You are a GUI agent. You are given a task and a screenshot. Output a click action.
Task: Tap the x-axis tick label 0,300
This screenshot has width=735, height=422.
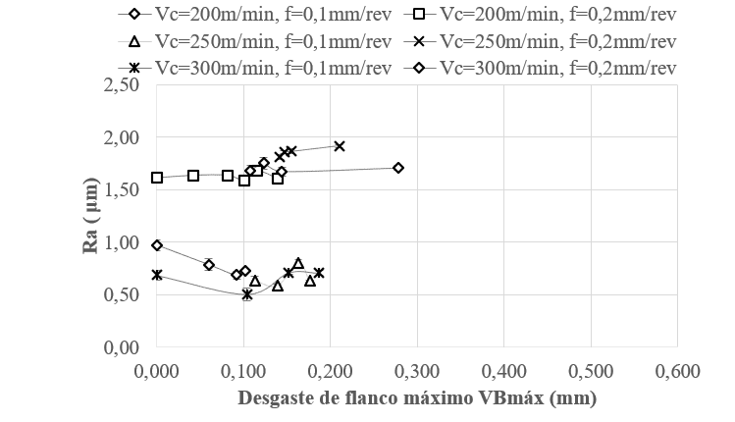[x=417, y=371]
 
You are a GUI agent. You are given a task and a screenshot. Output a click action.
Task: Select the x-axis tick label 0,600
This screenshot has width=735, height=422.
[x=678, y=371]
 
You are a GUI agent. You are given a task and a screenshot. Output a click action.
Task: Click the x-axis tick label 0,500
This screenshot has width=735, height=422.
[x=591, y=371]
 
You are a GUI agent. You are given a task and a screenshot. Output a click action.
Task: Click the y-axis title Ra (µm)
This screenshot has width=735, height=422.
[x=91, y=216]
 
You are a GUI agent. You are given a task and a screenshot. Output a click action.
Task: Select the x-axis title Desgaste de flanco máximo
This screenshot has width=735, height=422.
[x=417, y=398]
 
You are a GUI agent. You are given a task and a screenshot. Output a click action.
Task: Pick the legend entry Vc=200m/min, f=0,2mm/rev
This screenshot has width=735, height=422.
[x=558, y=16]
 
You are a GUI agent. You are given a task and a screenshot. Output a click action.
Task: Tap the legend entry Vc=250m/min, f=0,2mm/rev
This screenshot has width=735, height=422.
[x=558, y=42]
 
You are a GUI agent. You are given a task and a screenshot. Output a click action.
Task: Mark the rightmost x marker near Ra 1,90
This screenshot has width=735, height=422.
[x=340, y=146]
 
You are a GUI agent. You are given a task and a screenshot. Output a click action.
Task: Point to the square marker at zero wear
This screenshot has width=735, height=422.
[x=157, y=178]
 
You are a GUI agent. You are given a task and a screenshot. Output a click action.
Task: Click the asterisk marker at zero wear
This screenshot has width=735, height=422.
[x=157, y=275]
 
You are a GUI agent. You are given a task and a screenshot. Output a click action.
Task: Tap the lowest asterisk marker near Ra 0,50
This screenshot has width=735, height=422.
[x=247, y=293]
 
